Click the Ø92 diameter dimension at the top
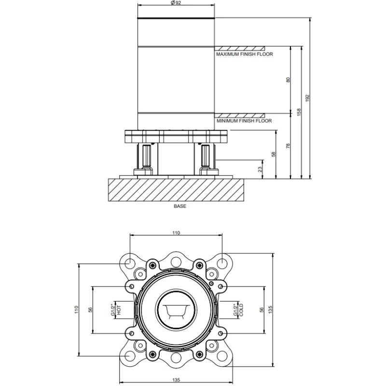click(176, 3)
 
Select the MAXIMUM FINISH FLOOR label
click(245, 54)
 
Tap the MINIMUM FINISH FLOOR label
click(244, 121)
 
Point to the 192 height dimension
click(307, 98)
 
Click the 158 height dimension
click(299, 112)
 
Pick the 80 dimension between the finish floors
click(288, 80)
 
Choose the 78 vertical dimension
click(288, 146)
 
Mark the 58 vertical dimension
click(273, 154)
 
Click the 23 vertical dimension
click(260, 169)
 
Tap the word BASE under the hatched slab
click(180, 207)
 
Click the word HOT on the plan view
click(119, 310)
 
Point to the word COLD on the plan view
click(241, 310)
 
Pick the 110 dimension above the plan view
click(176, 233)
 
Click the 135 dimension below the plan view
click(176, 380)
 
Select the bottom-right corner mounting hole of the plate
click(222, 356)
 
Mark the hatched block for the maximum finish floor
click(239, 49)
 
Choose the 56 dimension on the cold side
click(262, 310)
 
